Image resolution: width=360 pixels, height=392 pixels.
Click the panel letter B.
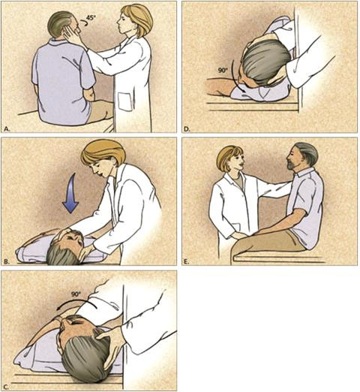[x=7, y=261]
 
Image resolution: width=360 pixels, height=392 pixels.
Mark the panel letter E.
[x=187, y=261]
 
